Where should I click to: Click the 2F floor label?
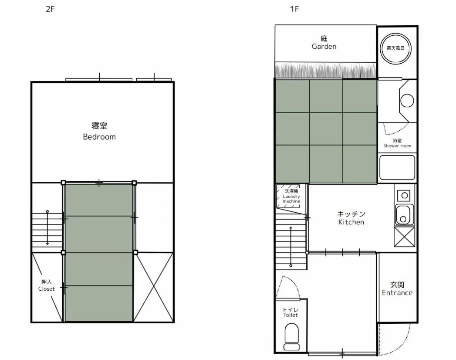click(x=50, y=9)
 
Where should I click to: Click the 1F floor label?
click(x=295, y=9)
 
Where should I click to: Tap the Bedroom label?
click(x=99, y=131)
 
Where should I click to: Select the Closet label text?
click(x=47, y=285)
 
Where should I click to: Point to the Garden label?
click(x=324, y=43)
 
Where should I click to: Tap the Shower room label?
click(x=397, y=143)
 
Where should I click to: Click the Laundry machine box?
click(x=289, y=196)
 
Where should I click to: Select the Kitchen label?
click(x=351, y=218)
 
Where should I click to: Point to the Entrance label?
click(x=397, y=289)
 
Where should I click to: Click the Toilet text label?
click(x=290, y=312)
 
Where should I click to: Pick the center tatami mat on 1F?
click(x=326, y=129)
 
